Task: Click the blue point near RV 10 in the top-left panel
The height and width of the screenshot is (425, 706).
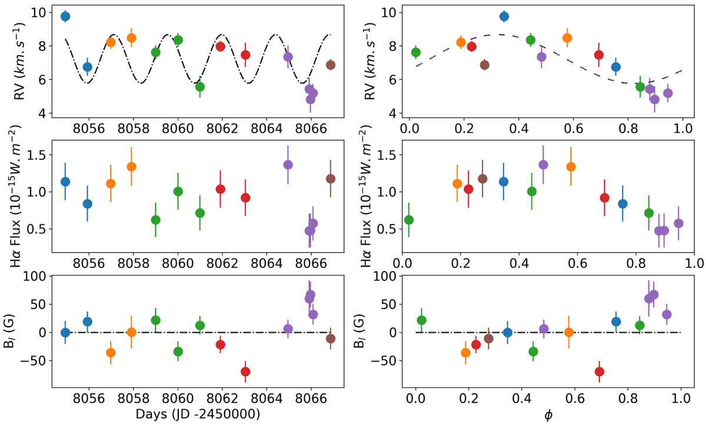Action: [65, 16]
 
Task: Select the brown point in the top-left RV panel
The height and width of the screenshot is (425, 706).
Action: [331, 65]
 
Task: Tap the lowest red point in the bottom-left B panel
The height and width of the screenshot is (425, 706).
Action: [245, 372]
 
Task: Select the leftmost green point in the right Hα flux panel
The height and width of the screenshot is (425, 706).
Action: [409, 220]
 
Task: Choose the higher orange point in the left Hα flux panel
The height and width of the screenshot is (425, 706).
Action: [132, 167]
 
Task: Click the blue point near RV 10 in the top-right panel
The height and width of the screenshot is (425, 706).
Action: [504, 16]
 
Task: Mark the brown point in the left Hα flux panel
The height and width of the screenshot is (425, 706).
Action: [331, 179]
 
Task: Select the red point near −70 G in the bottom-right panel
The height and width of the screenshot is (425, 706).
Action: [600, 372]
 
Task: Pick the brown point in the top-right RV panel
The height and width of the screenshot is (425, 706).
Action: [484, 65]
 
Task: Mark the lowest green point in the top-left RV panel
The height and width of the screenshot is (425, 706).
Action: [200, 87]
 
